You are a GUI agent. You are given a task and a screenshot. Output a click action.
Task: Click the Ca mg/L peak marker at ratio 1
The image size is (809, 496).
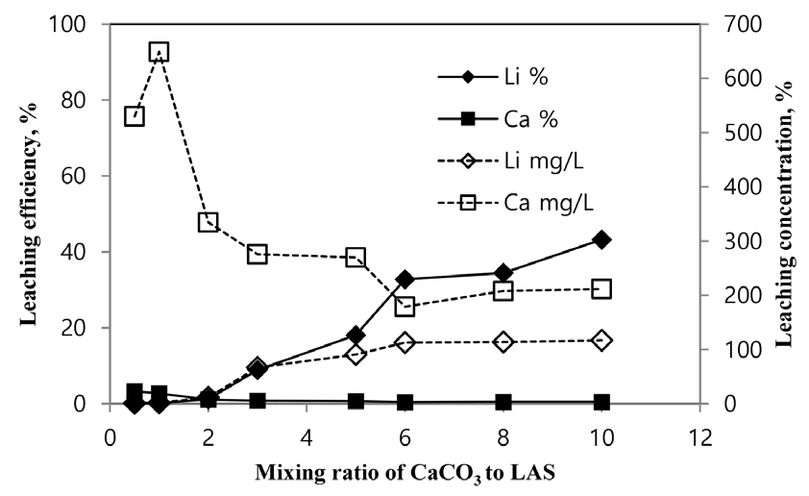coord(159,52)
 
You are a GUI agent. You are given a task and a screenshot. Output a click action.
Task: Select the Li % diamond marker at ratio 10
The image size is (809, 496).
coord(601,239)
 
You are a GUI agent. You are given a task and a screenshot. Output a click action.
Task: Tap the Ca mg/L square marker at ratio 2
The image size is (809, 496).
coord(208,222)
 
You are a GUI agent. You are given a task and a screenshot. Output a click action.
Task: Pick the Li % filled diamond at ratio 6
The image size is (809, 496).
coord(404,279)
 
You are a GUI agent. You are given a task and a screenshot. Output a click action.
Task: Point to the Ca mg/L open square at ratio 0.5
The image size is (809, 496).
coord(135,116)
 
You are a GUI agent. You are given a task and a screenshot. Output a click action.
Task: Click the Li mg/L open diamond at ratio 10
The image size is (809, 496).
coord(601,340)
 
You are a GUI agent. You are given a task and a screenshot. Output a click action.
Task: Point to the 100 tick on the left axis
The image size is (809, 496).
coord(75,23)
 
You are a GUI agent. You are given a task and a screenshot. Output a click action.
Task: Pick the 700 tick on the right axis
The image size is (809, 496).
coord(729,23)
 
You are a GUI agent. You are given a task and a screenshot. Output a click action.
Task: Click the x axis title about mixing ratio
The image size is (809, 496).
coord(404,474)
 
